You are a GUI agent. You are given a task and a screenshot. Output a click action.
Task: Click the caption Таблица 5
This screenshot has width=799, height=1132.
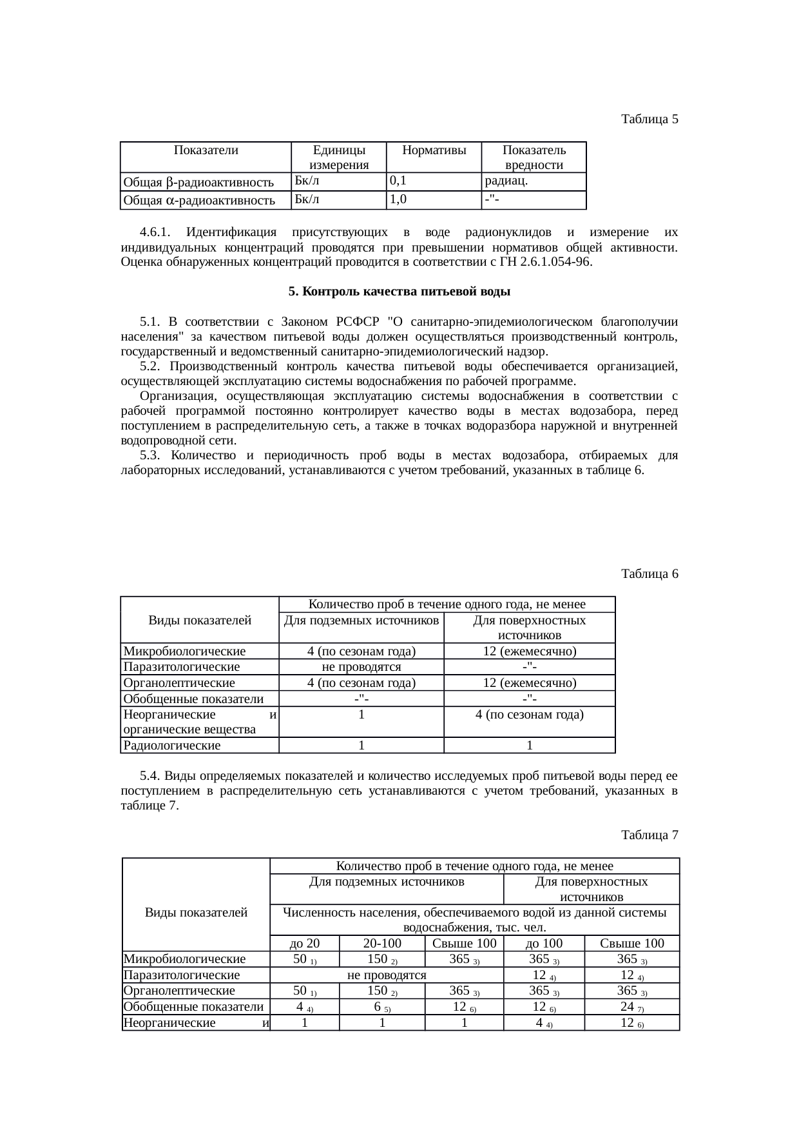[650, 119]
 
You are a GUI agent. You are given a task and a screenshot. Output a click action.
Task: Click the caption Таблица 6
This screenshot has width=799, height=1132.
[650, 573]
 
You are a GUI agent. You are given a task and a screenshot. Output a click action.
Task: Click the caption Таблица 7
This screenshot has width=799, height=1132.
[650, 835]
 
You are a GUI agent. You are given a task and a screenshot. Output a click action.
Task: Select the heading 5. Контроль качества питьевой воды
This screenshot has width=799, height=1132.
[400, 292]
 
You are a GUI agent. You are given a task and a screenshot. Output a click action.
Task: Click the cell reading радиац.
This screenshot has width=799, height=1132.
[506, 181]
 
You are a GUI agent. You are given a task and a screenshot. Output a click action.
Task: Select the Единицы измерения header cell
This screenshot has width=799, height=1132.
[338, 157]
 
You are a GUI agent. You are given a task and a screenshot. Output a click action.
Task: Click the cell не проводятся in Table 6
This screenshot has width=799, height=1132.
[361, 667]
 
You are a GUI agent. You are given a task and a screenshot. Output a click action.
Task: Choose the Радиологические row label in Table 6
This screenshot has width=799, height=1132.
[172, 746]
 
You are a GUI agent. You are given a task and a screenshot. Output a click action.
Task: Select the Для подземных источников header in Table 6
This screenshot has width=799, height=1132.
[361, 621]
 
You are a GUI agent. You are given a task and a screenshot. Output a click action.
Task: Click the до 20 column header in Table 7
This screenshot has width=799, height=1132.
[305, 943]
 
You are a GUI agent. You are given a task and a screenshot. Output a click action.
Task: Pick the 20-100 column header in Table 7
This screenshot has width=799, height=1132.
[382, 943]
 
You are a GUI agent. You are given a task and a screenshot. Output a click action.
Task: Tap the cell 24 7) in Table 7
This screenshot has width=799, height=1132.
[631, 1007]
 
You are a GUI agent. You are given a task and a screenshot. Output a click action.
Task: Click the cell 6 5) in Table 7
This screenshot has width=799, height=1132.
[382, 1007]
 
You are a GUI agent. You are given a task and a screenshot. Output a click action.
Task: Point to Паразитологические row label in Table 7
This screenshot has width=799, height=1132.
[182, 975]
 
